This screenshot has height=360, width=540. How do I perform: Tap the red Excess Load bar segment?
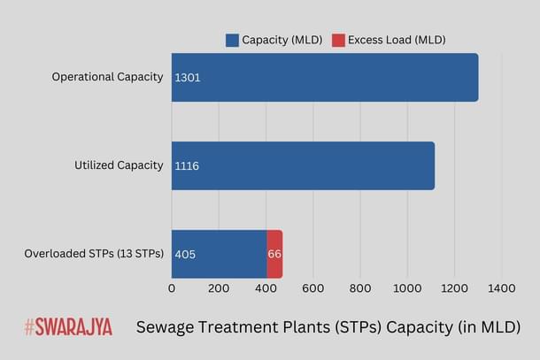point(274,255)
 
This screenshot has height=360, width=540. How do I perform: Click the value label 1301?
point(188,78)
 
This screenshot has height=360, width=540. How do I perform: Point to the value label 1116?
point(187,166)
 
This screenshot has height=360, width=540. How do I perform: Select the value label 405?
point(185,255)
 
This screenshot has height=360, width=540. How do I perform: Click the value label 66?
point(274,255)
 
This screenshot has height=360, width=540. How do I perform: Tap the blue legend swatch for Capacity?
point(233,40)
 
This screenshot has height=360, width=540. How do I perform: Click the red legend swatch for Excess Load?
point(337,40)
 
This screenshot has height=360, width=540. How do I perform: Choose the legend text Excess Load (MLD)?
point(397,40)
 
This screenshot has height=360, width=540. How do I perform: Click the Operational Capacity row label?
point(107,77)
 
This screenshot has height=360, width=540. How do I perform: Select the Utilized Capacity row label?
point(118,165)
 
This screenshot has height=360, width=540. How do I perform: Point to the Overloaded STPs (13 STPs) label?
point(94,255)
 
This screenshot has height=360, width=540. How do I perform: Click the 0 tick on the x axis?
point(172,287)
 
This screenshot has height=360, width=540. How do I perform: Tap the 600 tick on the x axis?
point(312,287)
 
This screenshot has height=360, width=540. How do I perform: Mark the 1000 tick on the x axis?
point(407,287)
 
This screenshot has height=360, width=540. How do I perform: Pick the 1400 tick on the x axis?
point(501,287)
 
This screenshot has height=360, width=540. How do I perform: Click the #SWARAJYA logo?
point(68,327)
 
